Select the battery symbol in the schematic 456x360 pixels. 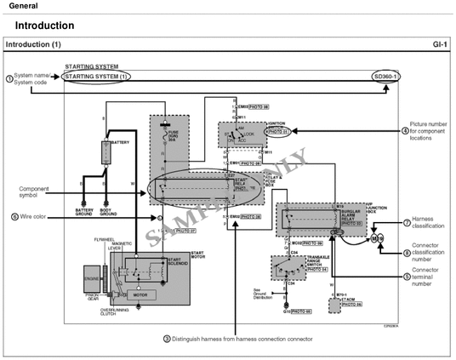pyautogui.click(x=107, y=152)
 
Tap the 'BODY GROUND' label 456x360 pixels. pyautogui.click(x=109, y=211)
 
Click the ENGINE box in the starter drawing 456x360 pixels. pyautogui.click(x=92, y=277)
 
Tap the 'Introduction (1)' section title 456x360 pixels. pyautogui.click(x=32, y=43)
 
